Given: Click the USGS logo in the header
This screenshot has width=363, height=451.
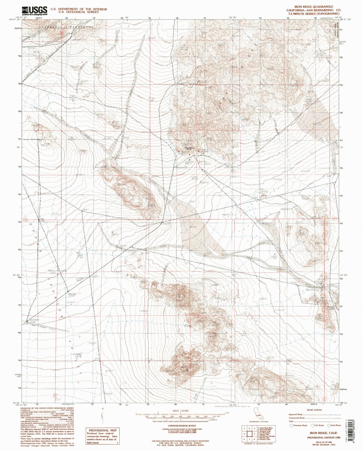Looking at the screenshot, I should (34, 10).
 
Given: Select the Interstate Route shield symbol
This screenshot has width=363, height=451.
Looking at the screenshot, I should (292, 425).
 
